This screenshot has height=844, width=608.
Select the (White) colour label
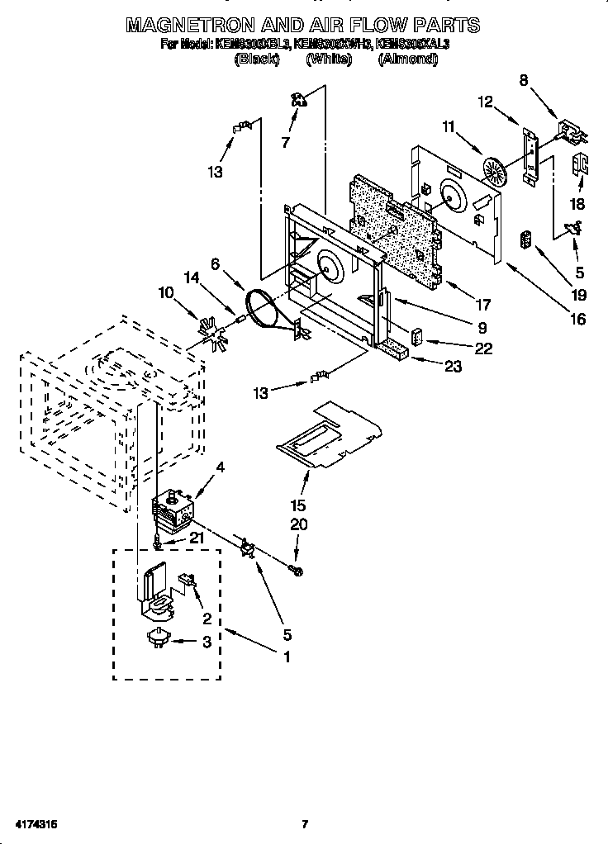click(x=329, y=59)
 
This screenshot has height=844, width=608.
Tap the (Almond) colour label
click(x=407, y=59)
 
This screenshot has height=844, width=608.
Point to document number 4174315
click(x=34, y=824)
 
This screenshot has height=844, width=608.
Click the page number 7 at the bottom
click(x=305, y=824)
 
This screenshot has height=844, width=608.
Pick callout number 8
click(x=523, y=80)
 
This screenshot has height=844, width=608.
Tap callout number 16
click(x=577, y=320)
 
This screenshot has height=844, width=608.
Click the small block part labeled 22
click(x=416, y=337)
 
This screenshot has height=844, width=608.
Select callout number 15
click(x=298, y=505)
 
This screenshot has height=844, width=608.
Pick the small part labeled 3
click(x=159, y=638)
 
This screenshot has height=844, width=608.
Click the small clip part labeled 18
click(x=581, y=165)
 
